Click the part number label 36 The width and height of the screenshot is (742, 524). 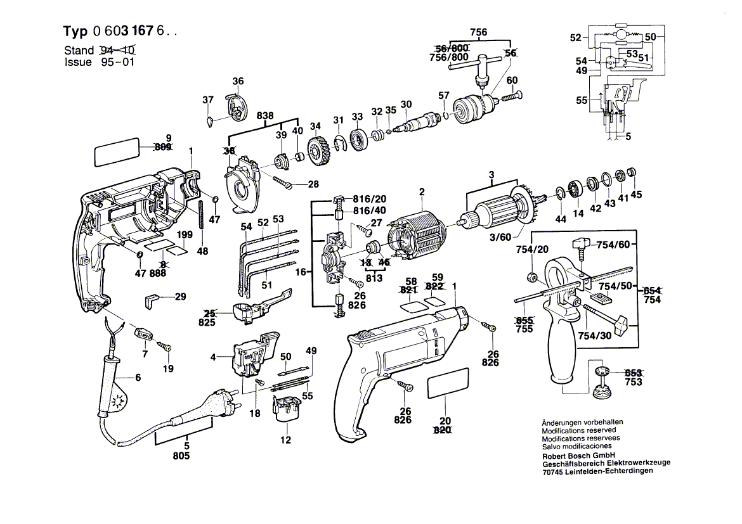coord(237,81)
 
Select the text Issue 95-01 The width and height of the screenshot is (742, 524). coord(99,62)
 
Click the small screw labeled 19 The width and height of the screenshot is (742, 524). coord(166,346)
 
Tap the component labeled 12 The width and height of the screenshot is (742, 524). coord(286,407)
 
